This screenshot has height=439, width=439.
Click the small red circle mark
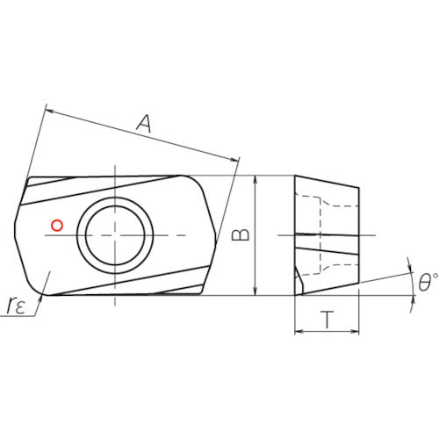(x=57, y=226)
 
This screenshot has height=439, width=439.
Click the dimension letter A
(x=145, y=124)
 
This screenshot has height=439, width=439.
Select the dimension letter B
(x=241, y=234)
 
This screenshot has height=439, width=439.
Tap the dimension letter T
(x=327, y=320)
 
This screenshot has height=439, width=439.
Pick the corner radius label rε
(x=16, y=305)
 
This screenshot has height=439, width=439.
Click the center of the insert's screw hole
(x=115, y=235)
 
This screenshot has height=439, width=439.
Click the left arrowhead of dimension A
(x=50, y=112)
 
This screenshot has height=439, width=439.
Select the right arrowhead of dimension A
(x=234, y=159)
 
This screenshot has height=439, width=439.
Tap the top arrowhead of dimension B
(x=255, y=180)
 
